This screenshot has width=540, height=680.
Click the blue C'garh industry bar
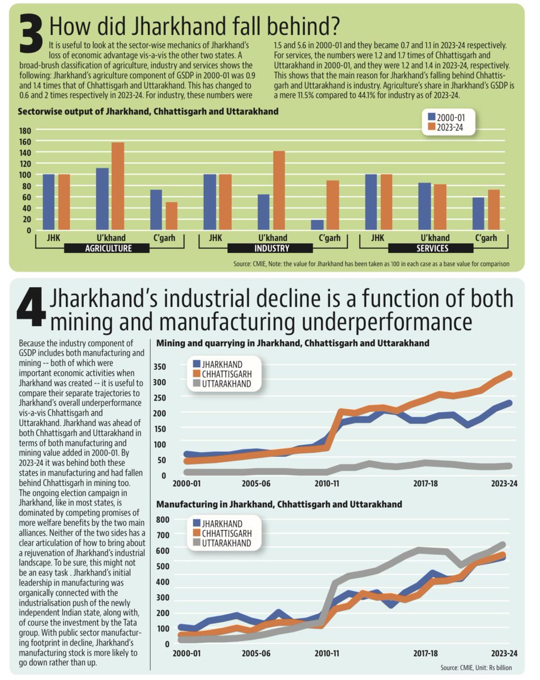(x=317, y=224)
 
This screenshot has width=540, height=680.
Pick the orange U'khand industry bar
(x=279, y=190)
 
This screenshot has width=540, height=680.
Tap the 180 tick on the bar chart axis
(x=25, y=130)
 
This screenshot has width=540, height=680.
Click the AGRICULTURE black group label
(x=108, y=248)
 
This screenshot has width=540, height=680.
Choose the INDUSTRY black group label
(x=270, y=248)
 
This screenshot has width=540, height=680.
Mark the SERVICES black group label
(x=432, y=248)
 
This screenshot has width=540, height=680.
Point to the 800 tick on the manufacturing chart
(x=162, y=520)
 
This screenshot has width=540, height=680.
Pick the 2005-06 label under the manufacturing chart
(x=257, y=653)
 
